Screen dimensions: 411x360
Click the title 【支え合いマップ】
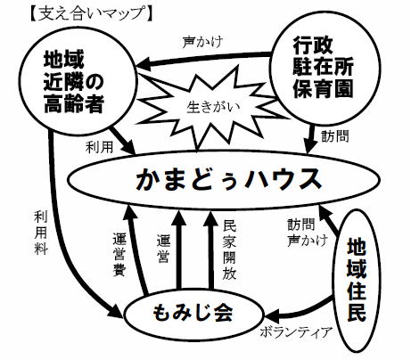(90, 14)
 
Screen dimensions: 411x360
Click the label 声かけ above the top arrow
(202, 43)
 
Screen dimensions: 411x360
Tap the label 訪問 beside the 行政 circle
(335, 136)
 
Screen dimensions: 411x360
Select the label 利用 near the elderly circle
(99, 147)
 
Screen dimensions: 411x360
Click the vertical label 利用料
(41, 233)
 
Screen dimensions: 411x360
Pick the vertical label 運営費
(119, 255)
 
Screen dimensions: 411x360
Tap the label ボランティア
(296, 332)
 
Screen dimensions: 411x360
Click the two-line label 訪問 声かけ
(308, 233)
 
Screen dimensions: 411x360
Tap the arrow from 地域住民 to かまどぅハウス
(329, 221)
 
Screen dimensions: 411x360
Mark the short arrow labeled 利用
(122, 140)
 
